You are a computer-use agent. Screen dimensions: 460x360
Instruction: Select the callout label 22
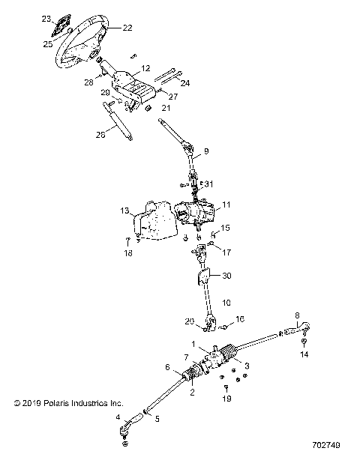coord(127,28)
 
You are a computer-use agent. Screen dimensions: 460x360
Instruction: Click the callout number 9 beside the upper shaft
coord(206,151)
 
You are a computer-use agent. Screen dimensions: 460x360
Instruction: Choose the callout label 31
coord(209,184)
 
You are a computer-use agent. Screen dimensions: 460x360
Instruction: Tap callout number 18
coord(128,254)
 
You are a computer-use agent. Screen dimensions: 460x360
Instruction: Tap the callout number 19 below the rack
coord(226,400)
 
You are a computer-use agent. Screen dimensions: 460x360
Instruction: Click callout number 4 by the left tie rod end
coord(118,417)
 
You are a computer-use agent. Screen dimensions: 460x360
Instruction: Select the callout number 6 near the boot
coord(167,366)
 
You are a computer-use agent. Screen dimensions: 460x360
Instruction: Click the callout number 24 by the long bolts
coord(185,82)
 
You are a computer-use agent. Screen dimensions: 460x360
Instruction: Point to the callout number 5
coord(157,419)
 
